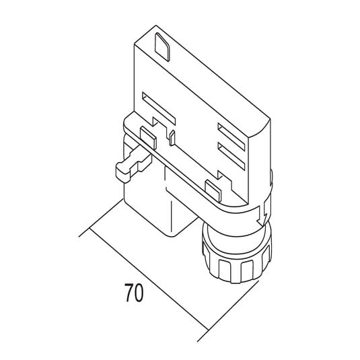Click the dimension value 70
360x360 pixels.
click(x=133, y=293)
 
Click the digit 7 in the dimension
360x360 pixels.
click(x=127, y=293)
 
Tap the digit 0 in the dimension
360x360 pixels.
click(x=139, y=293)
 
